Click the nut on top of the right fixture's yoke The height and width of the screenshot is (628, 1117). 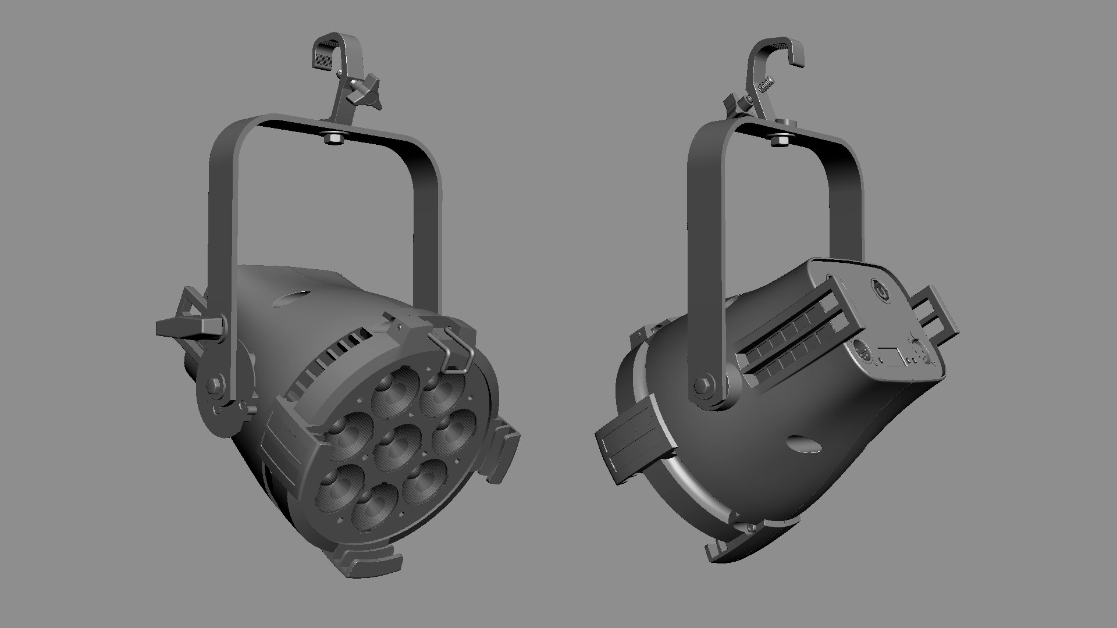point(779,140)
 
